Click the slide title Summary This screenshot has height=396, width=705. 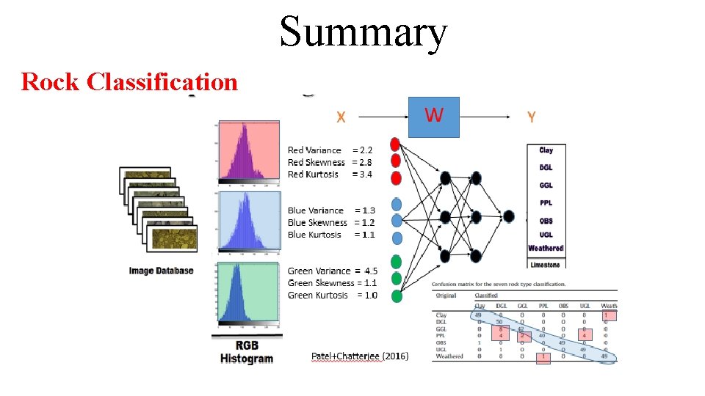(x=363, y=33)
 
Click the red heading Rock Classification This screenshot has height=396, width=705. (x=129, y=81)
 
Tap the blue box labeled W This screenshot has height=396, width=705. (x=433, y=117)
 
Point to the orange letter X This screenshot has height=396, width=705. (x=341, y=117)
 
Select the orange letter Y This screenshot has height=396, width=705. (x=532, y=117)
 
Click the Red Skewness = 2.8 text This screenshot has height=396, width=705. (x=330, y=162)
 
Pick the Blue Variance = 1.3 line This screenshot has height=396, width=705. (x=331, y=210)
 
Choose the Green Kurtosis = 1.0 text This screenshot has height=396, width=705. (x=332, y=295)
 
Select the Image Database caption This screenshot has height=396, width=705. (x=161, y=271)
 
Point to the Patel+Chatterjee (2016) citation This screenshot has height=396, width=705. (x=360, y=356)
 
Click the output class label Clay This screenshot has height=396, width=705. (x=546, y=150)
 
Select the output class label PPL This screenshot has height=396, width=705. (x=546, y=203)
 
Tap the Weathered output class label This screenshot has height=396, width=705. (x=546, y=249)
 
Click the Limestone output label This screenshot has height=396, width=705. (x=545, y=265)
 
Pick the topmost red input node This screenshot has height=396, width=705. (x=397, y=144)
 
